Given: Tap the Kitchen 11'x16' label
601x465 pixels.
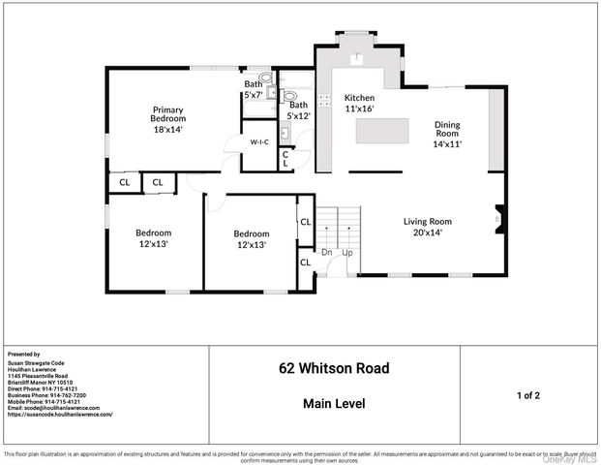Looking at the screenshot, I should pyautogui.click(x=359, y=104).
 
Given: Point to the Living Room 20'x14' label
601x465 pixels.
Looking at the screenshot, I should pyautogui.click(x=427, y=228).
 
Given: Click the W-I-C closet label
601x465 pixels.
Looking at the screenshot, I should pyautogui.click(x=259, y=142).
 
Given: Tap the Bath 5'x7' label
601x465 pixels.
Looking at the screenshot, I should pyautogui.click(x=253, y=89).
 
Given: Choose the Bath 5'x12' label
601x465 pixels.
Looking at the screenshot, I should pyautogui.click(x=299, y=110).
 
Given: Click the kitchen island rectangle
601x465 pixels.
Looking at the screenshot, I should pyautogui.click(x=381, y=131).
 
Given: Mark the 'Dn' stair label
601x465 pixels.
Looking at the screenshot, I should pyautogui.click(x=328, y=254).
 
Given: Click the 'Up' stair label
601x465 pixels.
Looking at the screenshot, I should pyautogui.click(x=346, y=254).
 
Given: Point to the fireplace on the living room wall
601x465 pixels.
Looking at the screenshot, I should pyautogui.click(x=497, y=213).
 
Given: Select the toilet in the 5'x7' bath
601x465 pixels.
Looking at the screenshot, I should pyautogui.click(x=266, y=78).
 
